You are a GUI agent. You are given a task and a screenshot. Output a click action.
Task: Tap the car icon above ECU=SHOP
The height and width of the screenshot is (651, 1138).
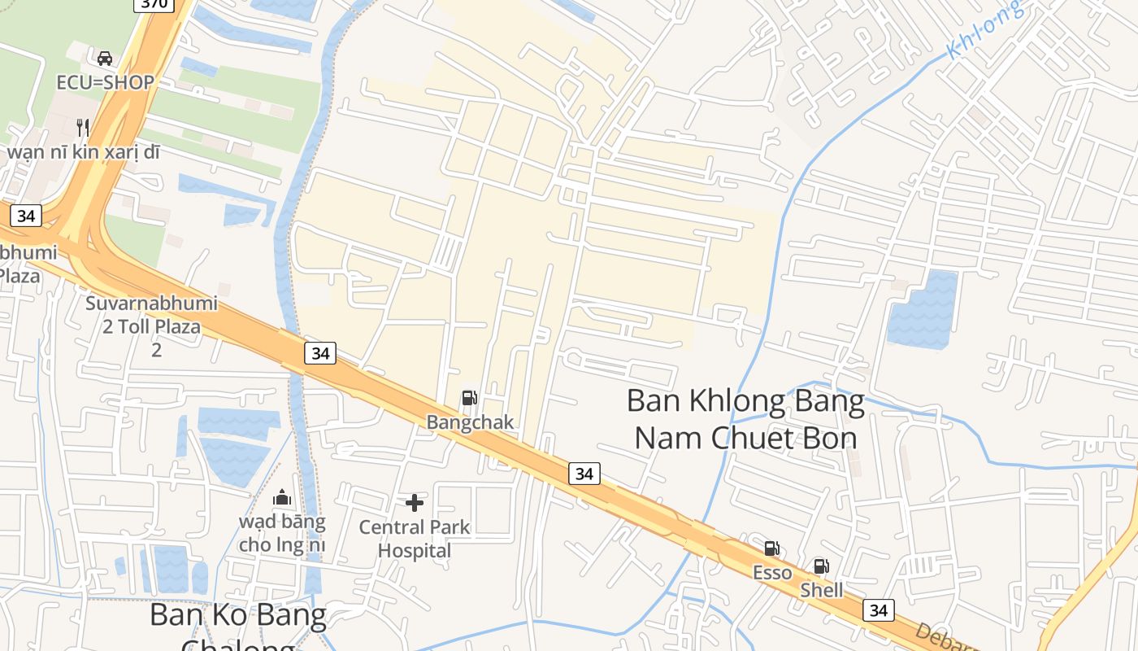tap(105, 59)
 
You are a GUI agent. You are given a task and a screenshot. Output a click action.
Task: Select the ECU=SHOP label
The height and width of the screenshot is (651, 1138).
tap(105, 82)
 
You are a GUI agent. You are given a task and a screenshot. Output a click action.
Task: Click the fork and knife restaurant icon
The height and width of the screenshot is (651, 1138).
tap(82, 127)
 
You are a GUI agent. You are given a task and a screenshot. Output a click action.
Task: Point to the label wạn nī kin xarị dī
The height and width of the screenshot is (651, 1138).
tap(84, 151)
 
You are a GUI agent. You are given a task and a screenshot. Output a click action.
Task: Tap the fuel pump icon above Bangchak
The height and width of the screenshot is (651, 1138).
tap(469, 398)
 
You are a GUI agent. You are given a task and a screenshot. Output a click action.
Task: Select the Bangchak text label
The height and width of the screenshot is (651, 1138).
tap(471, 422)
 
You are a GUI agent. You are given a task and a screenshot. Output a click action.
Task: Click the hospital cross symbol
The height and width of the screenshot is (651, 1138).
tap(415, 503)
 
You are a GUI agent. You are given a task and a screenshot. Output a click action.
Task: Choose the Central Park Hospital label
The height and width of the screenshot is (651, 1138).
tap(415, 539)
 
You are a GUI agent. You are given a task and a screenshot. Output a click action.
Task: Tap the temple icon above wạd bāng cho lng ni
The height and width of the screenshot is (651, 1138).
tap(282, 497)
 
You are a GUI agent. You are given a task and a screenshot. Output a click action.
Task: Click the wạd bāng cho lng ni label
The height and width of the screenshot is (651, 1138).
tap(282, 533)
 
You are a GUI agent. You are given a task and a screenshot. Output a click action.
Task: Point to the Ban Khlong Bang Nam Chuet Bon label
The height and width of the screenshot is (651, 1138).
tap(745, 420)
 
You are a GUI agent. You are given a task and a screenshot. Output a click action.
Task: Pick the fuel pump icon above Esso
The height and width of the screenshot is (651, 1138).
tap(771, 548)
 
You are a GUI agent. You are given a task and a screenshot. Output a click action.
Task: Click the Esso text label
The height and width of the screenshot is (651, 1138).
tap(771, 573)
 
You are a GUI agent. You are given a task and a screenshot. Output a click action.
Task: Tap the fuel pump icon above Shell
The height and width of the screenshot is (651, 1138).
tap(822, 566)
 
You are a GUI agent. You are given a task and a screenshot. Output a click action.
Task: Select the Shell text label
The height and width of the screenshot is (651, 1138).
tap(822, 590)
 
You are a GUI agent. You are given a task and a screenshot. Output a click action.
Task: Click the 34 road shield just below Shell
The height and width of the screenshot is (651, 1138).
tap(879, 610)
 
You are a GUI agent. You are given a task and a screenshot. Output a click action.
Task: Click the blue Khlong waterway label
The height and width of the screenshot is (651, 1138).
tap(984, 31)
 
